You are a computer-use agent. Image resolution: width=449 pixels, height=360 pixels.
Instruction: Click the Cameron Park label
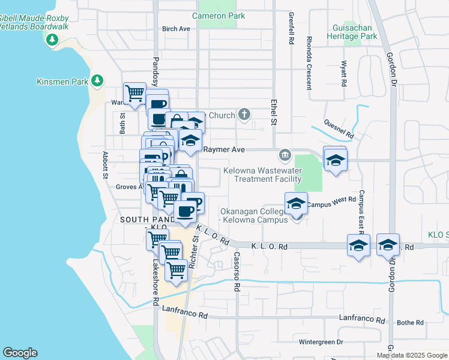(218, 16)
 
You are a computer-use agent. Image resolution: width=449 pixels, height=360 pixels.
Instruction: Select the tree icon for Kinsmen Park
(97, 81)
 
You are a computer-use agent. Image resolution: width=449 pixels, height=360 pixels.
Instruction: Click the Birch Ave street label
(176, 29)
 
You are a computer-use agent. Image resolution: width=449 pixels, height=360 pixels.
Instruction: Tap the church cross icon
(244, 114)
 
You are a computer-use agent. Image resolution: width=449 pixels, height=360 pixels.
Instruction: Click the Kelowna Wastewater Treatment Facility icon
(285, 156)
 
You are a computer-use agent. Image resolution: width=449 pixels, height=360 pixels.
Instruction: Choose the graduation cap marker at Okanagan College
(296, 204)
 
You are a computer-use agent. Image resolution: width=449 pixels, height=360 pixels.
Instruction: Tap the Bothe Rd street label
(410, 323)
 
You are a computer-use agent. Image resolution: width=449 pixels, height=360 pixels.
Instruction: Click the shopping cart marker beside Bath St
(134, 94)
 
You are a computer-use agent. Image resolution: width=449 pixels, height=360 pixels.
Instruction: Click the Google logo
(20, 353)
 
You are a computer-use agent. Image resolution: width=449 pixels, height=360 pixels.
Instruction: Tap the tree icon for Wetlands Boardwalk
(52, 40)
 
